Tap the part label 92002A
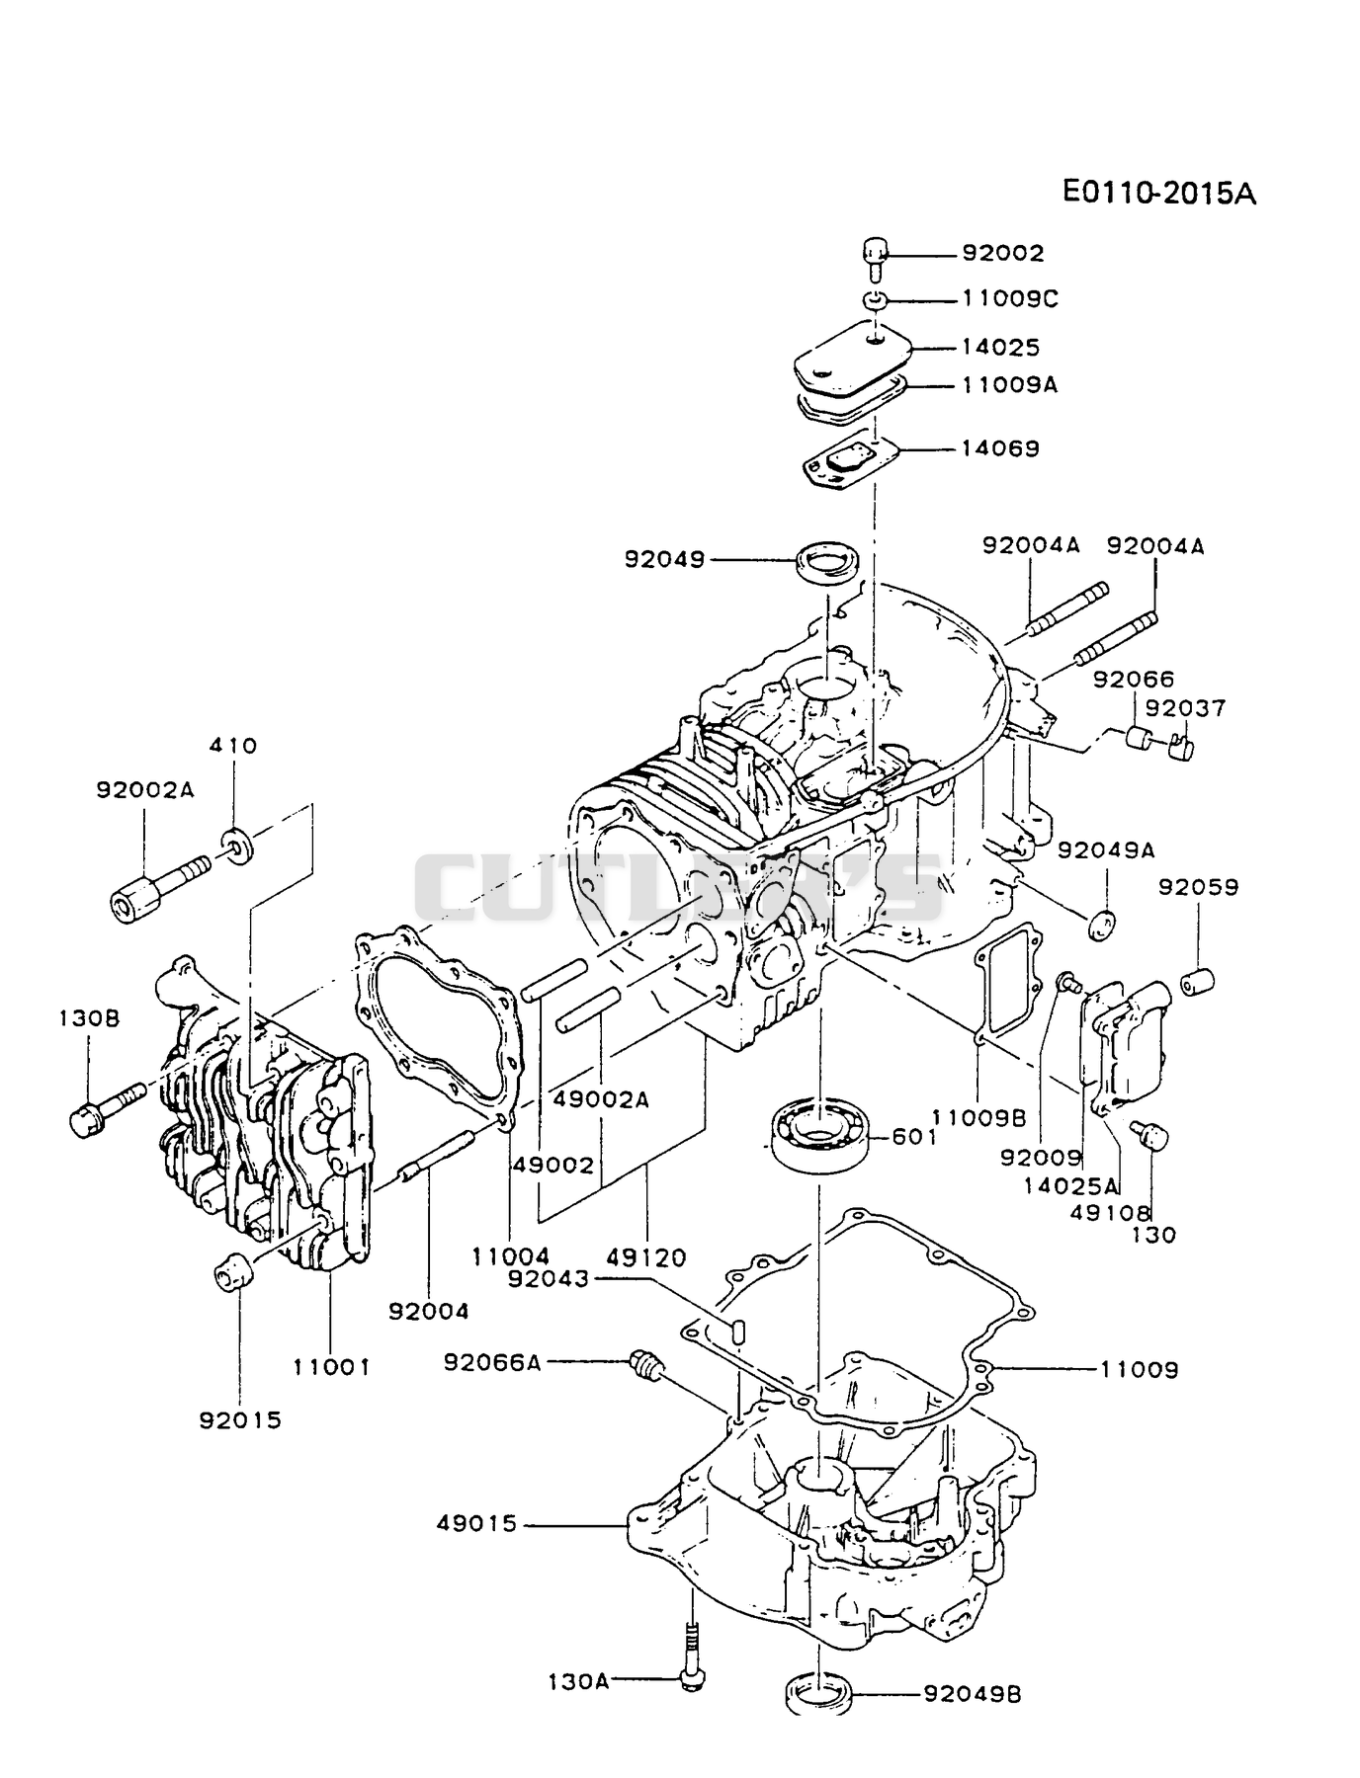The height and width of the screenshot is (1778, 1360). [x=145, y=789]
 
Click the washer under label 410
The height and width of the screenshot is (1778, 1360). [x=236, y=845]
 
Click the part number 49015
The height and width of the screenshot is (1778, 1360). [x=477, y=1524]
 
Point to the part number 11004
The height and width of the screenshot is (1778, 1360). [x=511, y=1257]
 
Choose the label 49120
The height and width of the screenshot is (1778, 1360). [x=646, y=1257]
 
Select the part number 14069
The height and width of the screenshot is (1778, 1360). [x=1000, y=448]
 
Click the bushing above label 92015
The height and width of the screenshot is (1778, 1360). [x=230, y=1269]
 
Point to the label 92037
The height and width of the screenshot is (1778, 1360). [x=1185, y=708]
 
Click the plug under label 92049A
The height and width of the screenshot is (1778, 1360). [x=1102, y=924]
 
